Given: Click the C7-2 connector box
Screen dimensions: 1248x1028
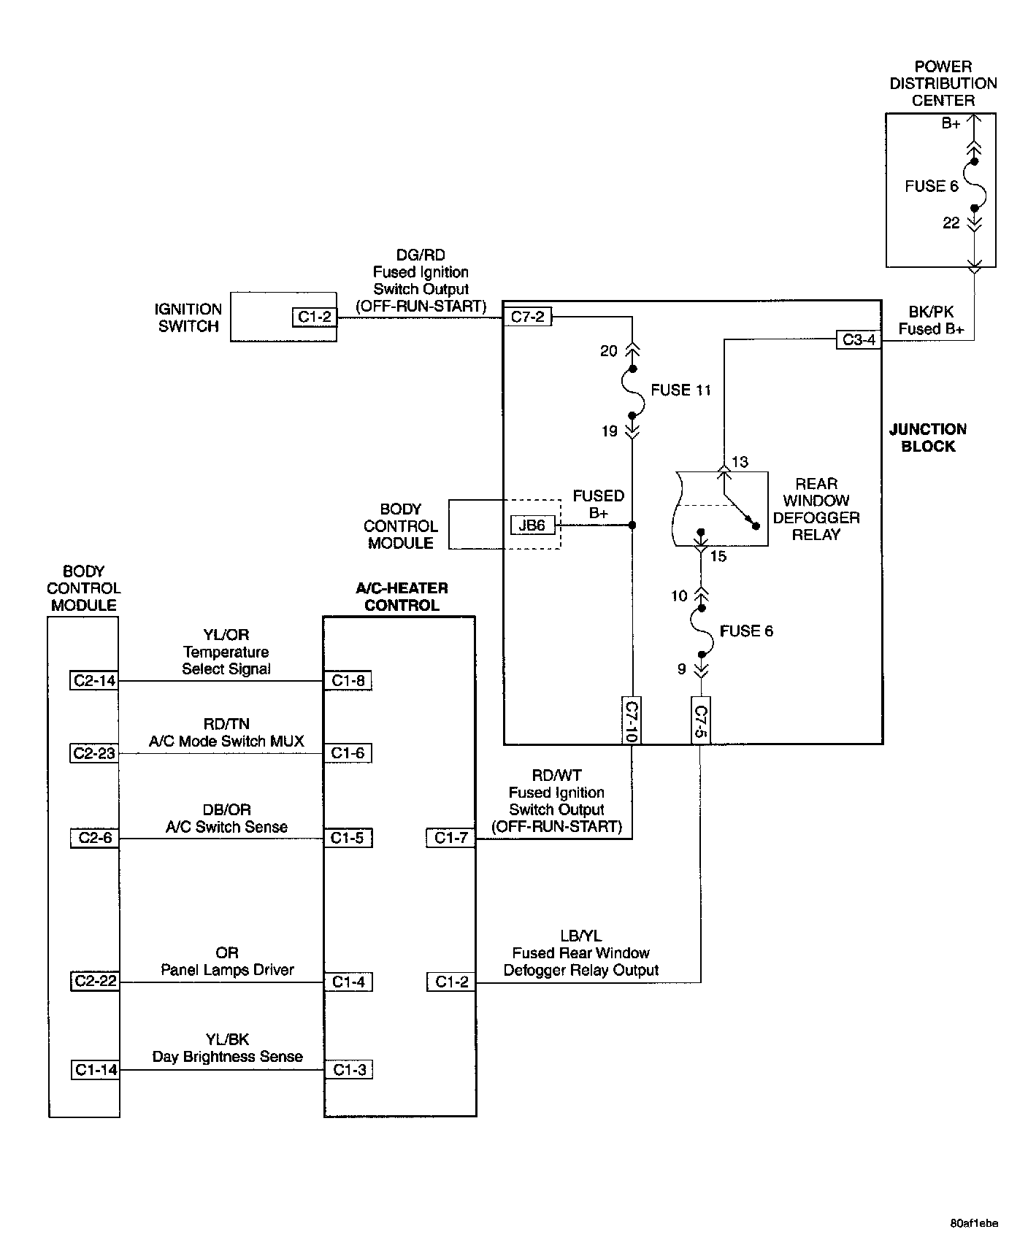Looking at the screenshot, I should tap(528, 317).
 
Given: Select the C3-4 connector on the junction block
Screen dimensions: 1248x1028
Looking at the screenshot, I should tap(859, 339).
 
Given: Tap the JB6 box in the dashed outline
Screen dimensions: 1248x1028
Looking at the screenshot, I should tap(532, 525).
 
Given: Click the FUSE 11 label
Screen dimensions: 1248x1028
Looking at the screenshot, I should tap(680, 390).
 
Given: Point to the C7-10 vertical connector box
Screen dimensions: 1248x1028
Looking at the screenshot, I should tap(632, 720).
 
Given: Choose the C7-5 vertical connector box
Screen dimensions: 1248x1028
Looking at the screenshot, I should tap(700, 720).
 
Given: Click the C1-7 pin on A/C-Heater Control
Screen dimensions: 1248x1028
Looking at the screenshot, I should tap(450, 838).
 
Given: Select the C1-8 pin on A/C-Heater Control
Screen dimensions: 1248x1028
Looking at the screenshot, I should tap(348, 681).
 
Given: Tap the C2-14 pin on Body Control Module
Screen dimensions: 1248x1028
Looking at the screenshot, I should tap(95, 681).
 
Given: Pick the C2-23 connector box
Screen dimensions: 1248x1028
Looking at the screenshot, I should tap(95, 753).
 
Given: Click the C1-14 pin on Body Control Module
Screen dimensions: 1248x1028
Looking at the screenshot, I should tap(96, 1070).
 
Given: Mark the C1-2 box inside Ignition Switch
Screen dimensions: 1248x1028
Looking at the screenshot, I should tap(315, 317).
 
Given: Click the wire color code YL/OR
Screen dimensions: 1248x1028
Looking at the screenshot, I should tap(226, 635).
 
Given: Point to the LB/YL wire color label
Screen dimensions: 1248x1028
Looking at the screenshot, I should tap(581, 936).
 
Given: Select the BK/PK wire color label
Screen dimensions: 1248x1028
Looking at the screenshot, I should tap(931, 312).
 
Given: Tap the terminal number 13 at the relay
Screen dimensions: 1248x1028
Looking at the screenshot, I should tap(740, 462).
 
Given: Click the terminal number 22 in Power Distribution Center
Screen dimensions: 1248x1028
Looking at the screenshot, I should tap(951, 223).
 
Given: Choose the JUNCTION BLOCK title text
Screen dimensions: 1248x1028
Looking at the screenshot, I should tap(927, 438).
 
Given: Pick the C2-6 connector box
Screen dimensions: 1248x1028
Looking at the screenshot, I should tap(95, 838).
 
